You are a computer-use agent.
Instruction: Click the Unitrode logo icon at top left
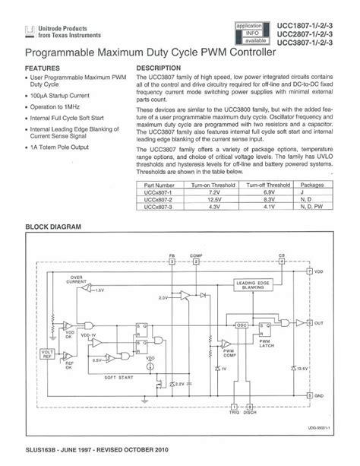29,31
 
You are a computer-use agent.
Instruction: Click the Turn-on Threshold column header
211,184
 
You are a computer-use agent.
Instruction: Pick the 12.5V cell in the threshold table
211,198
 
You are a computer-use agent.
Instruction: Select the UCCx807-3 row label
159,205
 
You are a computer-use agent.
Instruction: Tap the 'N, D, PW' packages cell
313,205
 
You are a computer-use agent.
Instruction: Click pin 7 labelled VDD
310,271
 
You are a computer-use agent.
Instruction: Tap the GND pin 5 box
310,396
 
